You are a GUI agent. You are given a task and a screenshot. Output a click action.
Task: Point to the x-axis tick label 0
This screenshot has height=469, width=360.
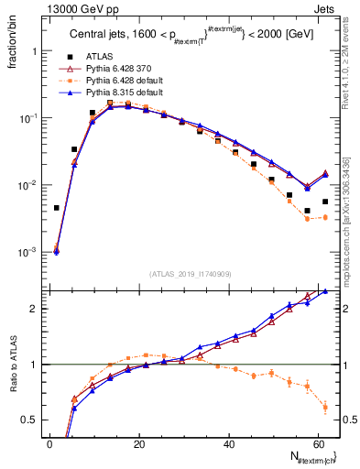tap(49, 444)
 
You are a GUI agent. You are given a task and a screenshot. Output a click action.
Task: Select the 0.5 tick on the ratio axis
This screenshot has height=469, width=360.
tap(30, 420)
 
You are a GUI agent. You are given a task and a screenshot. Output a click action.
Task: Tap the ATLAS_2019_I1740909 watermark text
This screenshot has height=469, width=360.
tap(190, 274)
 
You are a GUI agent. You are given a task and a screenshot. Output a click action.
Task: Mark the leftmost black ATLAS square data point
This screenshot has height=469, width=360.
tap(57, 208)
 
